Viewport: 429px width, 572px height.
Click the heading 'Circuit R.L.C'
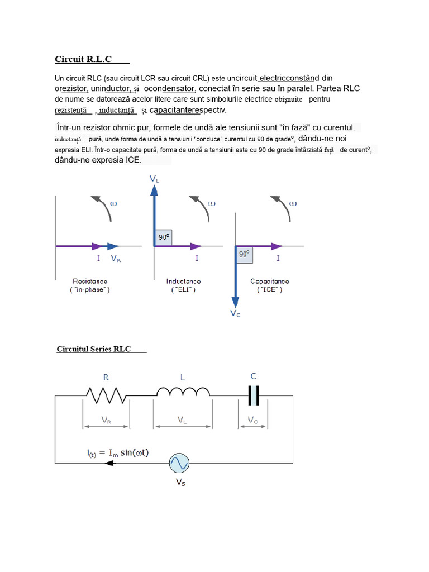(83, 59)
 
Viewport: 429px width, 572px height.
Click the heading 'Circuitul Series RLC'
(94, 349)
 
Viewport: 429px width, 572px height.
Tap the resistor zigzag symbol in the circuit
(106, 395)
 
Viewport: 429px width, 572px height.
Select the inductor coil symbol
(183, 392)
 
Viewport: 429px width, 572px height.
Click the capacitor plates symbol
(254, 395)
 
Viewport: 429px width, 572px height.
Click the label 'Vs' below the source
(180, 482)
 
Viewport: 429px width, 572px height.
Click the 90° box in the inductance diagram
(164, 237)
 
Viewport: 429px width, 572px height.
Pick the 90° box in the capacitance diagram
(244, 255)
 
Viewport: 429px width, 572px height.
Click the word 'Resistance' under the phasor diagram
(90, 281)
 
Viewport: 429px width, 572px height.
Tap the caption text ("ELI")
(183, 290)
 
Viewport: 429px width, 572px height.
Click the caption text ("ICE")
(269, 290)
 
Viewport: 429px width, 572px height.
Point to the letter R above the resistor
(106, 377)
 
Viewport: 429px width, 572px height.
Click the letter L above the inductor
(182, 377)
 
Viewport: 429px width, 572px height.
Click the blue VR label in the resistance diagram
(116, 259)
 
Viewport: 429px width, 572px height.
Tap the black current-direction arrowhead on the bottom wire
(109, 463)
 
